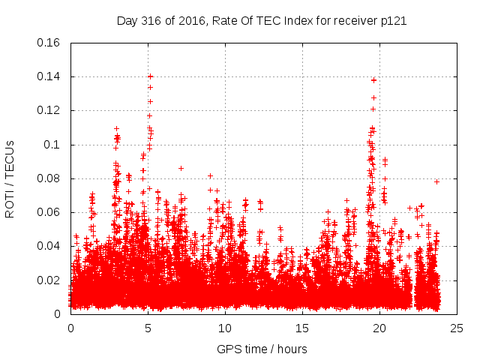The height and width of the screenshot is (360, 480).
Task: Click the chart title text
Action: coord(262,20)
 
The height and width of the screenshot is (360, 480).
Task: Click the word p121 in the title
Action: coord(392,20)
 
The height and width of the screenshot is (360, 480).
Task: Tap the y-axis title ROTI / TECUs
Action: coord(10,178)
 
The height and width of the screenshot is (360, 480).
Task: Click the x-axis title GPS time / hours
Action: coord(262,349)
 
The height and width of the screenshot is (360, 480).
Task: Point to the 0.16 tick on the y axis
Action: coord(49,43)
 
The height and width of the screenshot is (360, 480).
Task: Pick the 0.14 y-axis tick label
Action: coord(49,76)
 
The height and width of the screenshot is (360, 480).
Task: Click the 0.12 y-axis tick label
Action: coord(49,110)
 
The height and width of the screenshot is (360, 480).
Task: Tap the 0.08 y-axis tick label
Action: coord(49,178)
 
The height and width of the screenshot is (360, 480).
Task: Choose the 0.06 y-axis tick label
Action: coord(49,212)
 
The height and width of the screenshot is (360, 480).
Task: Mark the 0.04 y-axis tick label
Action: coord(49,246)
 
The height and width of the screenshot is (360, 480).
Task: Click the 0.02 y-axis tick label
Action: coord(49,280)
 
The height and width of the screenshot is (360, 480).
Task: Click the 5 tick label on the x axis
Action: coord(148,328)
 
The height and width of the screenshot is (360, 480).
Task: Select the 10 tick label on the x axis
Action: coord(226,328)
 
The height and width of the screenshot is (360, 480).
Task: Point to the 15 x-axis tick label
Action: coord(303,328)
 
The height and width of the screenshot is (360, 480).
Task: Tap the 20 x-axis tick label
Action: coord(380,328)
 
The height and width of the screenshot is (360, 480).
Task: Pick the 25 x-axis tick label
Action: coord(457,328)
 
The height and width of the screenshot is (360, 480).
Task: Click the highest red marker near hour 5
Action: coord(150,76)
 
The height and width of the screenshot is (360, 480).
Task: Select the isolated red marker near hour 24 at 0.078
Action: coord(436,181)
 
